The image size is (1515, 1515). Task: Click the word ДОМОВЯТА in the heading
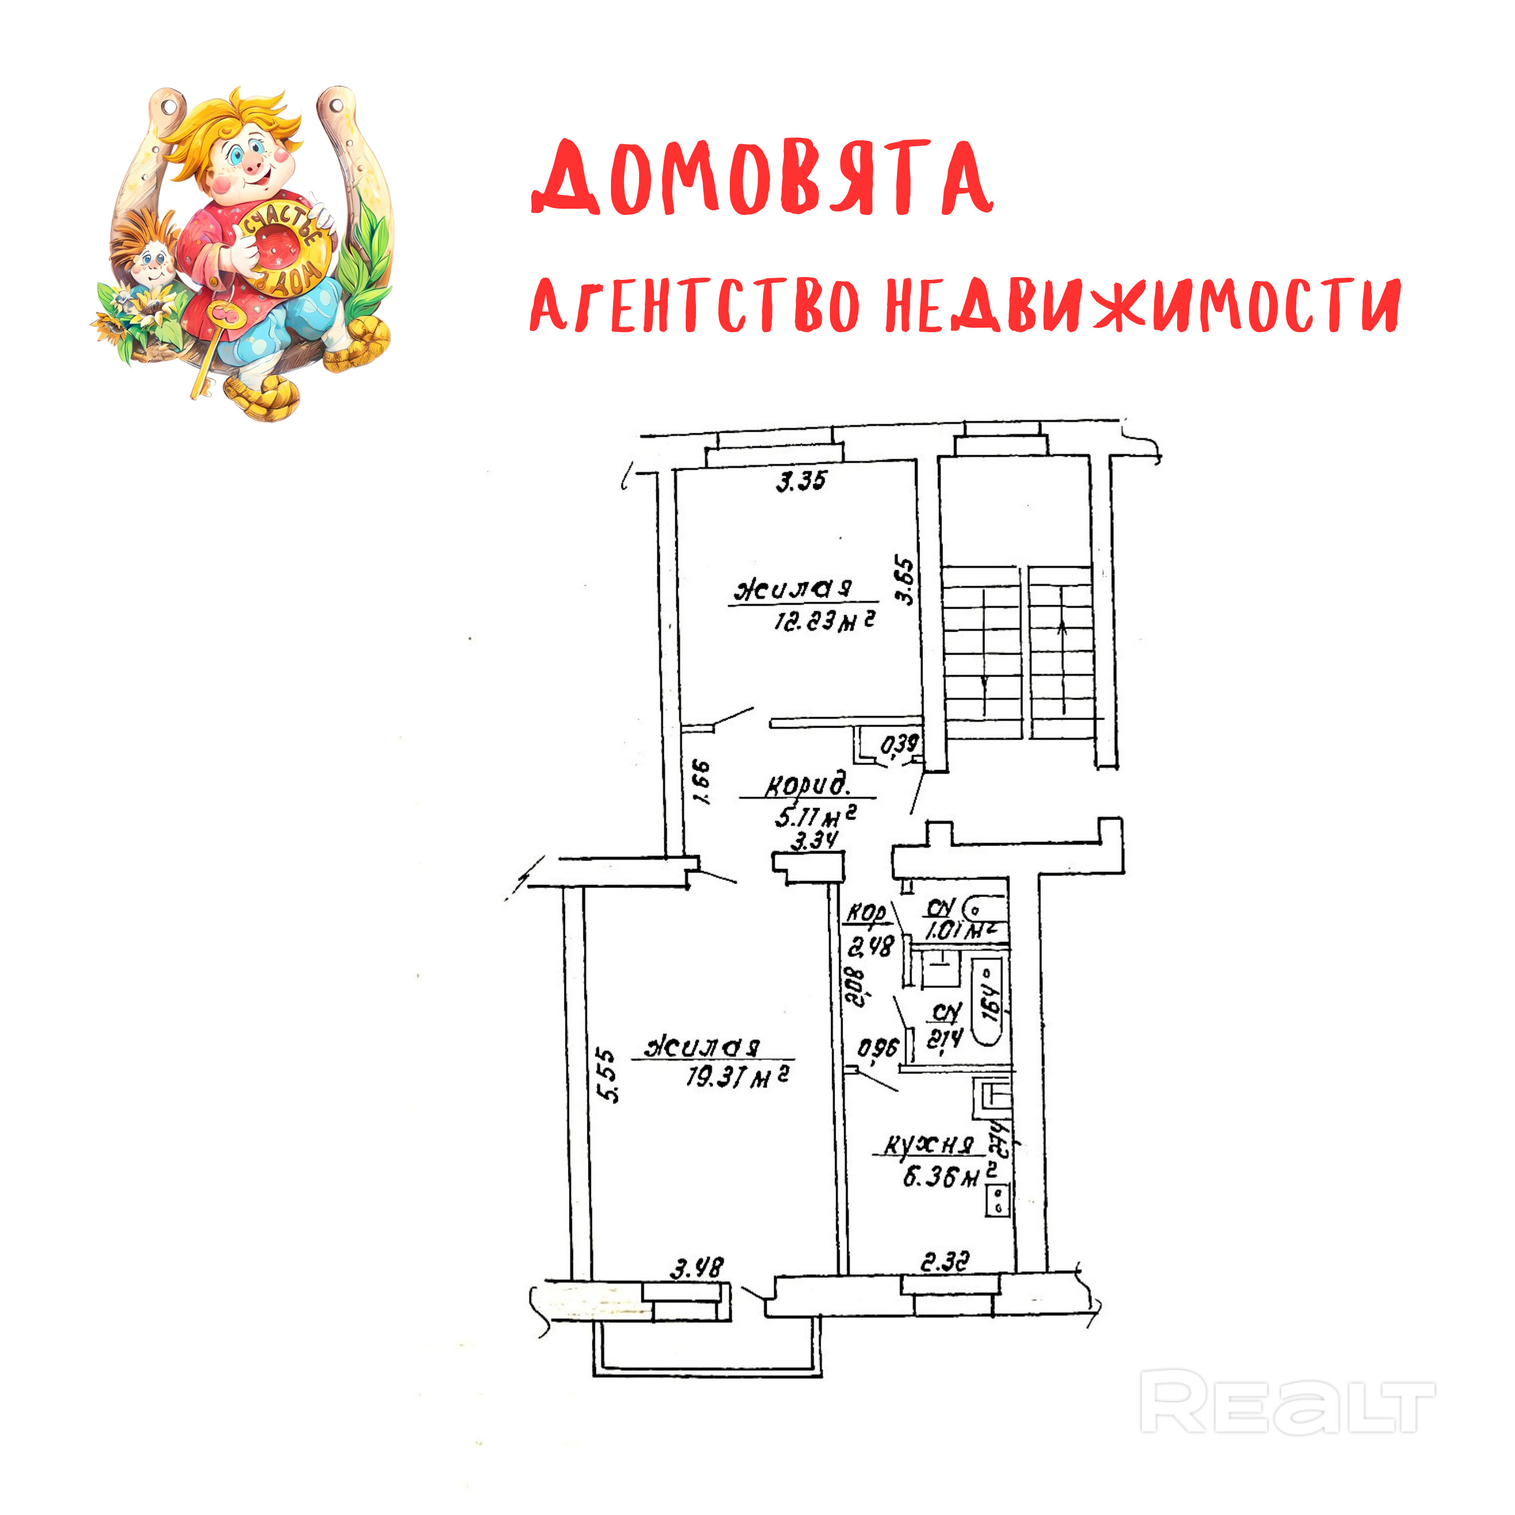(762, 179)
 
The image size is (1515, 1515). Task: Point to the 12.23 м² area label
(824, 621)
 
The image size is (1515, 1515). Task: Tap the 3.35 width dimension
(801, 480)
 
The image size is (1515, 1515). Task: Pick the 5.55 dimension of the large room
(607, 1075)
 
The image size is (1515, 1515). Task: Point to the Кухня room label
(928, 1145)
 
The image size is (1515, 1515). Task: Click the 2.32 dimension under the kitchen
(945, 1262)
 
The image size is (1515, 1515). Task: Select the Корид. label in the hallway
(807, 784)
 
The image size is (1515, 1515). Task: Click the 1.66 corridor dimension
(701, 782)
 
